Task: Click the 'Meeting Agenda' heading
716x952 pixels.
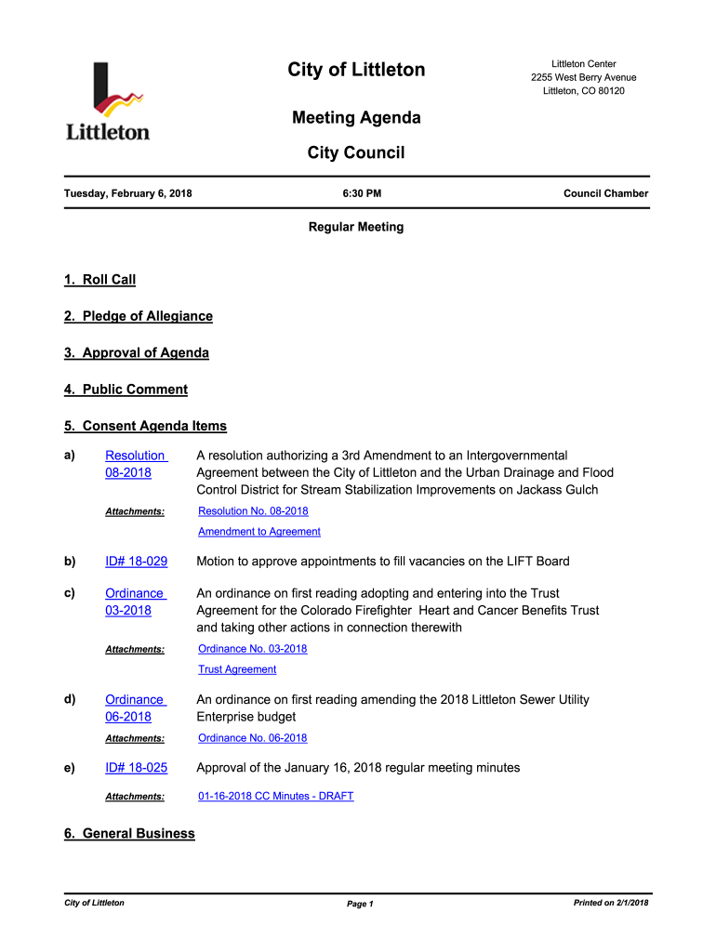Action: pos(356,118)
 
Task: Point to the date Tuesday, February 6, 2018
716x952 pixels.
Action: pos(127,193)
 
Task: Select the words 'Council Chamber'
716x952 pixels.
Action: pos(605,193)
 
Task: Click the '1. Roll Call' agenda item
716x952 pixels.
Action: pos(99,280)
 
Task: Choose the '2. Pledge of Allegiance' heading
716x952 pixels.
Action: pos(138,316)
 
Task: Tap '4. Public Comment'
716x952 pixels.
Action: pos(126,390)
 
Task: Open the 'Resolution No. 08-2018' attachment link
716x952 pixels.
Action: pos(253,511)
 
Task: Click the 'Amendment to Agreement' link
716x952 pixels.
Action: pos(259,532)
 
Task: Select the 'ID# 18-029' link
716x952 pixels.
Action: pos(136,562)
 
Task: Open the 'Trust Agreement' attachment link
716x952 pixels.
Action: pos(237,669)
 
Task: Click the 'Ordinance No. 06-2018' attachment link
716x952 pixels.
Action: pos(252,738)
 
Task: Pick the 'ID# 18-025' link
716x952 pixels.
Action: pos(136,768)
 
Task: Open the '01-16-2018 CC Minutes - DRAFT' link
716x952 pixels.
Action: pos(275,797)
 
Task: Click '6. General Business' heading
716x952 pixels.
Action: pos(129,834)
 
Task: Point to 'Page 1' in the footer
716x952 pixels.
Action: pos(359,904)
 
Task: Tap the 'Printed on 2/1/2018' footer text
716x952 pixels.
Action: pos(611,903)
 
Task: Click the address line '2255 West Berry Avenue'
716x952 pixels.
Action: pos(583,77)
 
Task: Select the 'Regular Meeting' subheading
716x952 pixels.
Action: pos(356,227)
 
